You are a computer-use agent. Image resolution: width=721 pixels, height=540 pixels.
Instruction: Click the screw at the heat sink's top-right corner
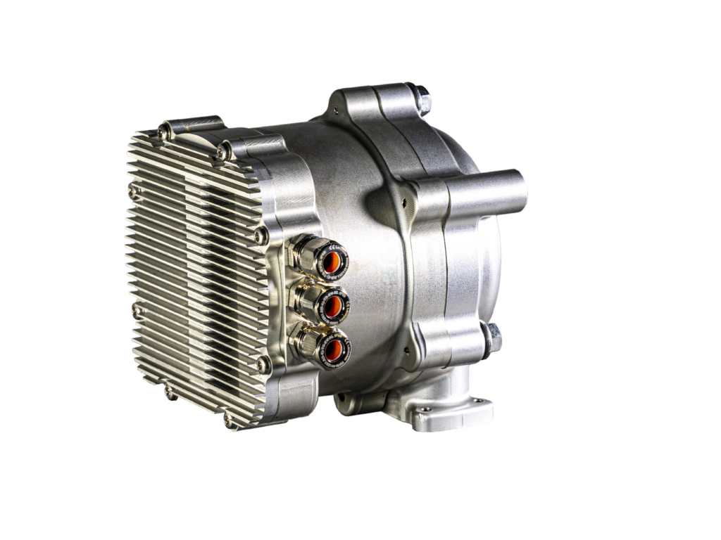click(224, 150)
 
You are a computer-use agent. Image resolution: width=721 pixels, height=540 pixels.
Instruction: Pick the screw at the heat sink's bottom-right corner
click(227, 422)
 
